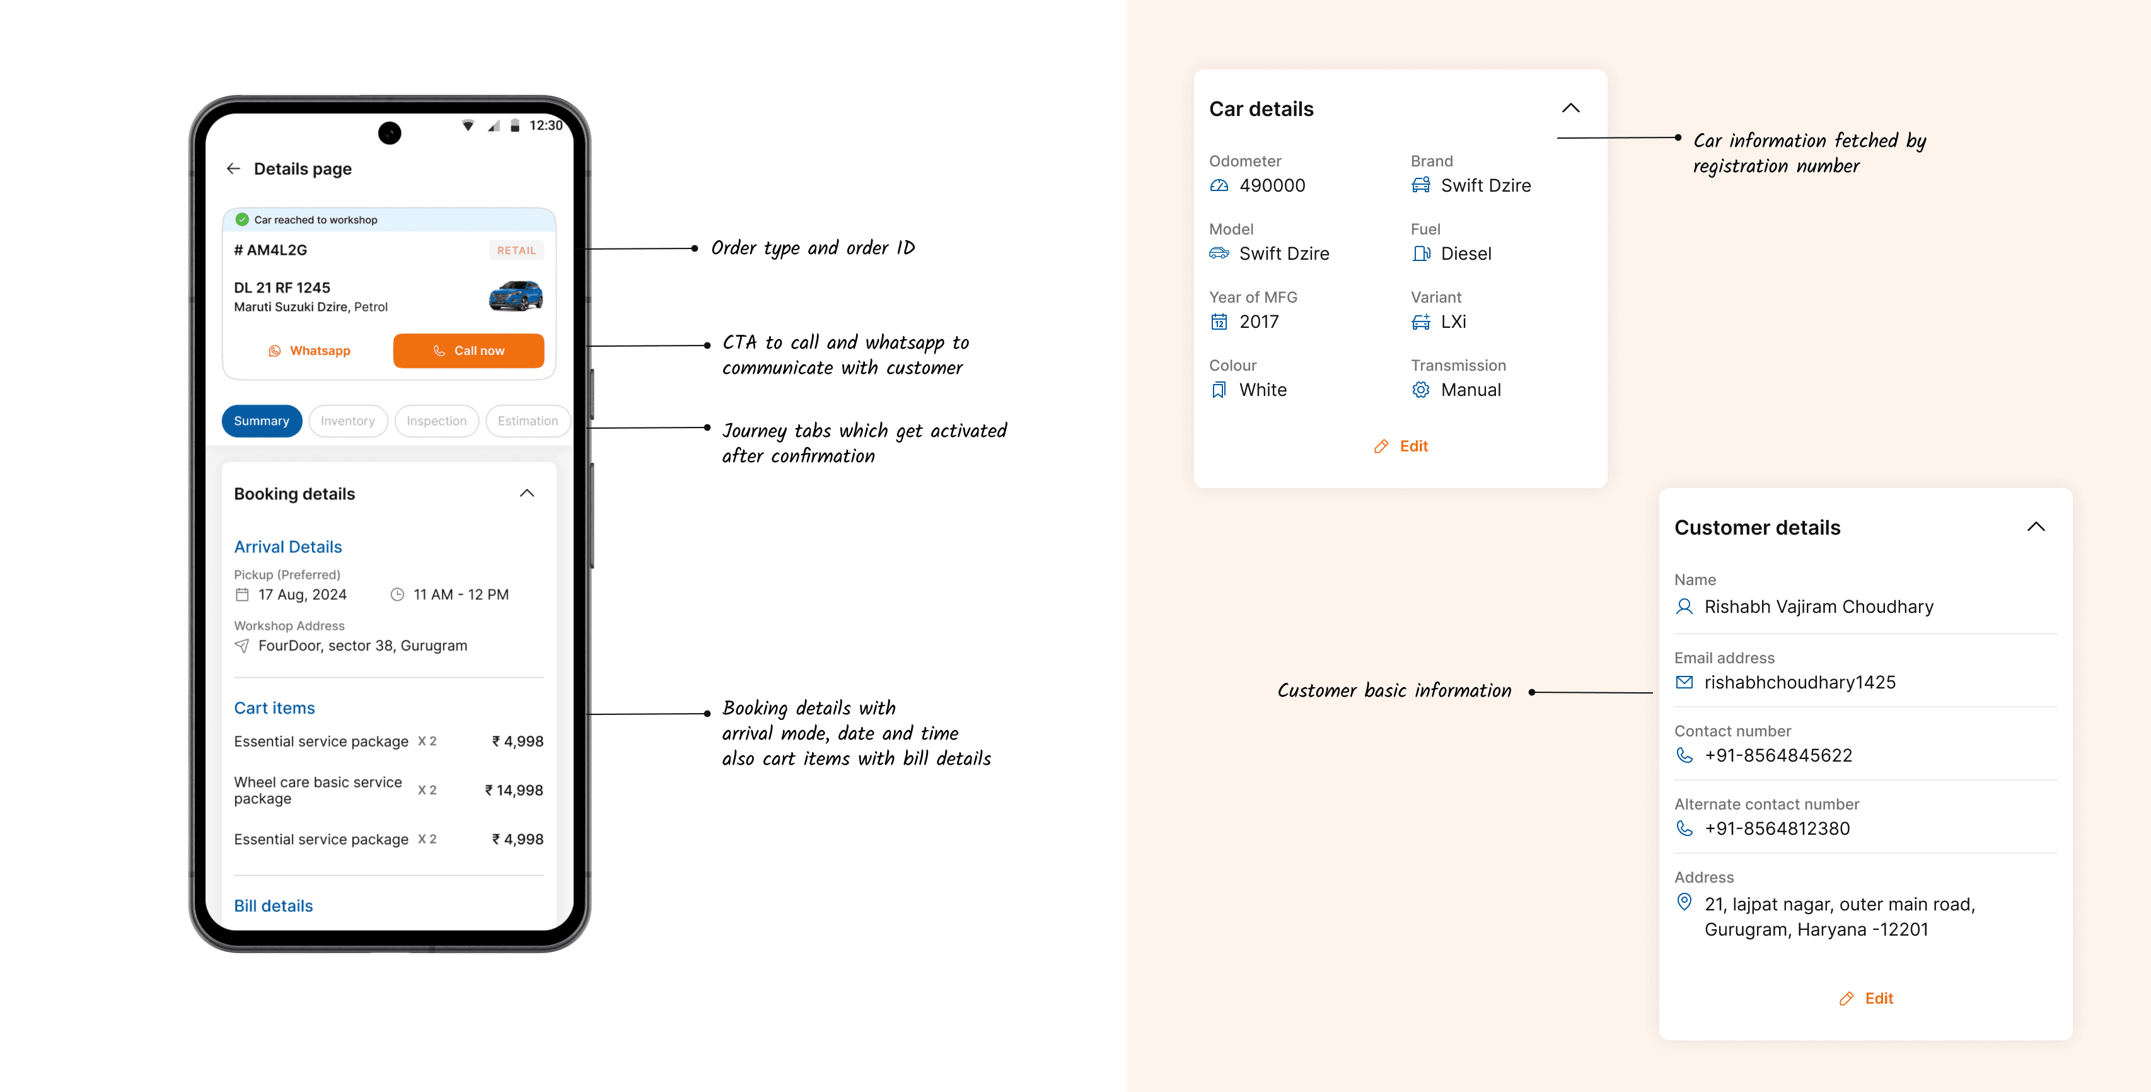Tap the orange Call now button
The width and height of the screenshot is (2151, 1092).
click(x=468, y=351)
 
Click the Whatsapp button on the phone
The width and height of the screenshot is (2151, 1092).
click(x=309, y=351)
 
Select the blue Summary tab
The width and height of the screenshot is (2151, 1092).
click(x=262, y=421)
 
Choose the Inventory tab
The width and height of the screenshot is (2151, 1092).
click(x=348, y=421)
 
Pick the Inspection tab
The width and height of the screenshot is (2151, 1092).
click(x=437, y=421)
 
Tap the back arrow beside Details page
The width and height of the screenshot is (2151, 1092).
click(x=234, y=168)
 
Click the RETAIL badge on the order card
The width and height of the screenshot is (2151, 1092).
click(x=517, y=250)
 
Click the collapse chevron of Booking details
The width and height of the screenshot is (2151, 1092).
click(x=527, y=494)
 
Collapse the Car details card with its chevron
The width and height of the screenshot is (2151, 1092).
click(x=1570, y=108)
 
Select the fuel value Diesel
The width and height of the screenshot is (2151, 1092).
click(x=1466, y=254)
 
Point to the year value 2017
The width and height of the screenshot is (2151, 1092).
click(x=1259, y=322)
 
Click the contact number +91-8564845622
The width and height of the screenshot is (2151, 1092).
click(x=1778, y=755)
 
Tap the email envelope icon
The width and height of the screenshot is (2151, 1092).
click(x=1684, y=682)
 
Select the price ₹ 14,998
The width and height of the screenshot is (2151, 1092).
click(x=514, y=790)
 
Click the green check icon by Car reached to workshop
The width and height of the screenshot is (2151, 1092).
click(x=242, y=219)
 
